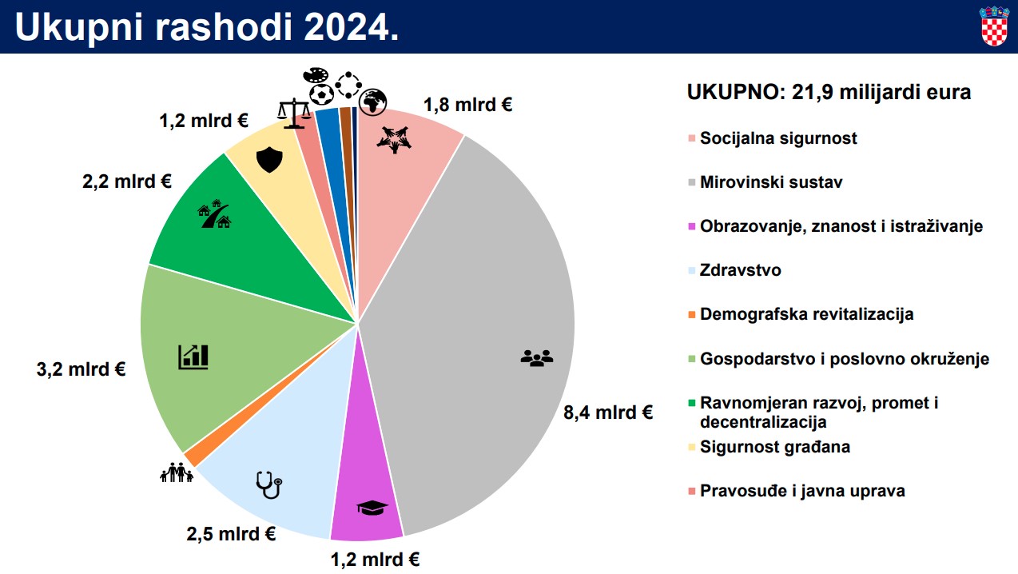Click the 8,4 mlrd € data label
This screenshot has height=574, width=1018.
point(608,413)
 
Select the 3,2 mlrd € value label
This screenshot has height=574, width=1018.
point(80,370)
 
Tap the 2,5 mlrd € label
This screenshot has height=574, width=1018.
point(231,534)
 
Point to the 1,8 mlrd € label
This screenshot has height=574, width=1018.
point(467,104)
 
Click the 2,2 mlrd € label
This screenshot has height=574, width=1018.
point(127,181)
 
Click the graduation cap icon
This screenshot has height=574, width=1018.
point(372,507)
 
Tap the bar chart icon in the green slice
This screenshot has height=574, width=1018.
point(193,357)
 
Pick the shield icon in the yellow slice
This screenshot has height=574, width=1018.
point(268,161)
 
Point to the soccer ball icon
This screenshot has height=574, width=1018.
point(321,95)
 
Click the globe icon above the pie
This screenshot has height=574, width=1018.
point(373,101)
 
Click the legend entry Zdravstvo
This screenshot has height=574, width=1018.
point(740,270)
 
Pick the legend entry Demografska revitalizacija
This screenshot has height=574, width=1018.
point(805,314)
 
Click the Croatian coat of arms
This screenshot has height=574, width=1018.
point(994,26)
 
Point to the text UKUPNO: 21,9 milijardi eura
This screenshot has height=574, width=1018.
point(829,93)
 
